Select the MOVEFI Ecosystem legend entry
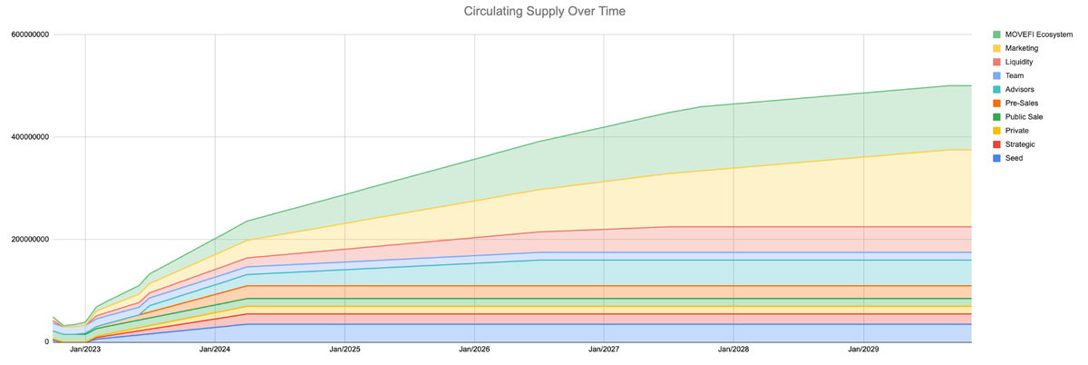pyautogui.click(x=1040, y=35)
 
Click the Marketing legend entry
pyautogui.click(x=1022, y=48)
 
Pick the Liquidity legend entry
pyautogui.click(x=1020, y=62)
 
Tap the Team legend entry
pyautogui.click(x=1015, y=75)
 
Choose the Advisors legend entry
pyautogui.click(x=1020, y=89)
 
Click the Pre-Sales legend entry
pyautogui.click(x=1022, y=104)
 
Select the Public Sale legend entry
pyautogui.click(x=1024, y=117)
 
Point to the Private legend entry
pyautogui.click(x=1017, y=131)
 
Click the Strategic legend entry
pyautogui.click(x=1021, y=144)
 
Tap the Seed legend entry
pyautogui.click(x=1015, y=158)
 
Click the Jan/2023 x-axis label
pyautogui.click(x=85, y=350)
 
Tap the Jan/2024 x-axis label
pyautogui.click(x=215, y=350)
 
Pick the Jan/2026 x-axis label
pyautogui.click(x=474, y=350)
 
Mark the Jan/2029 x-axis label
pyautogui.click(x=863, y=350)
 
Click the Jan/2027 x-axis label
pyautogui.click(x=604, y=350)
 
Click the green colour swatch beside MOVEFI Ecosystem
pyautogui.click(x=997, y=35)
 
